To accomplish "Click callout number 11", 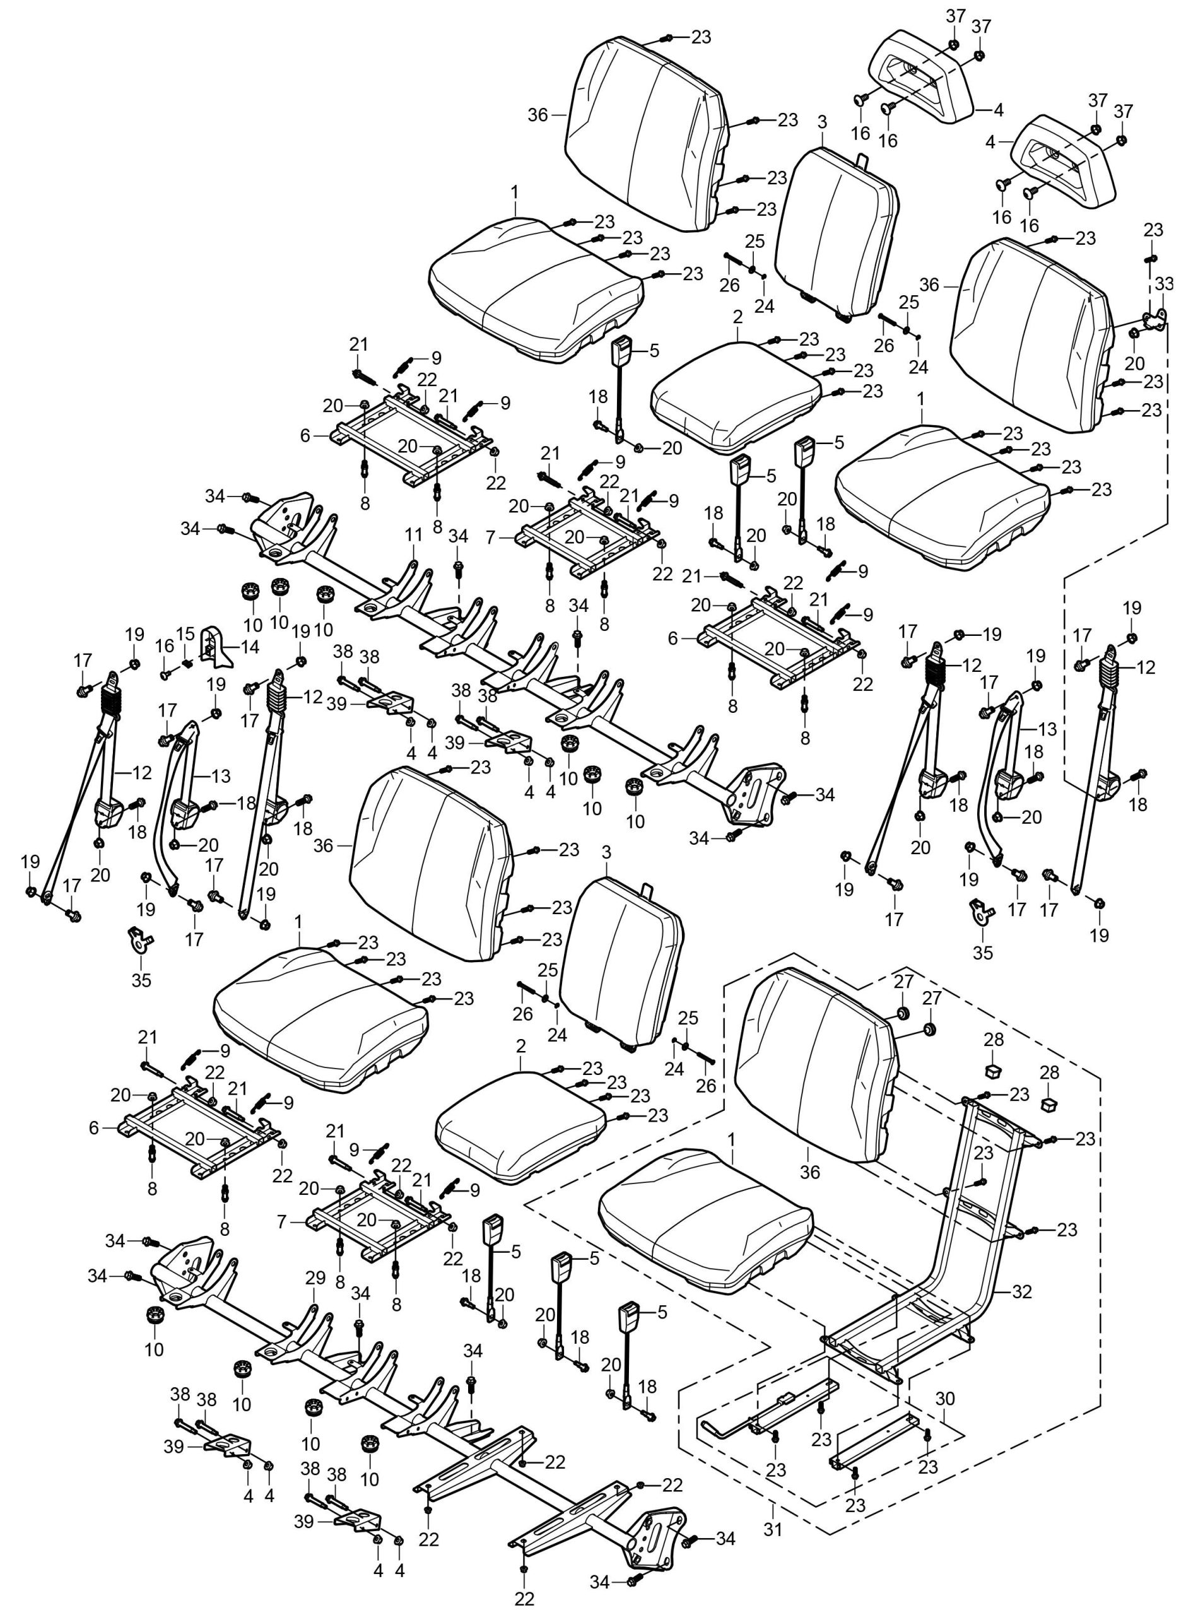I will pyautogui.click(x=413, y=535).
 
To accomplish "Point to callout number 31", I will pyautogui.click(x=774, y=1529).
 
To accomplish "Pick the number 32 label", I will pyautogui.click(x=1022, y=1291).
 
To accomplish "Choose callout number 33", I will pyautogui.click(x=1164, y=283).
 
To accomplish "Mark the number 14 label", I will pyautogui.click(x=249, y=646).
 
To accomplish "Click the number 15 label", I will pyautogui.click(x=185, y=633).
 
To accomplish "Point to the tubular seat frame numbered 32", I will pyautogui.click(x=965, y=1233).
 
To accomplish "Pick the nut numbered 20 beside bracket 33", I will pyautogui.click(x=1134, y=333).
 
